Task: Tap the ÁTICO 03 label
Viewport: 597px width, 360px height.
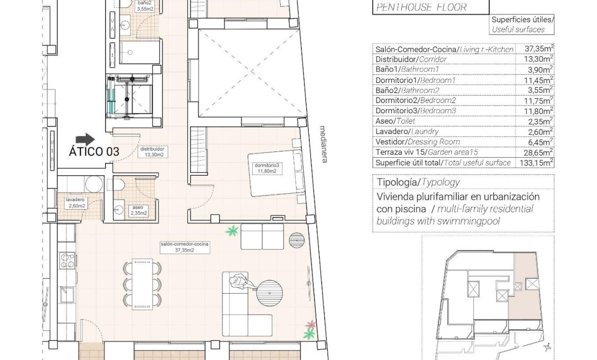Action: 94,151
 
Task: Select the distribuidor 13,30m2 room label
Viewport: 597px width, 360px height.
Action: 152,152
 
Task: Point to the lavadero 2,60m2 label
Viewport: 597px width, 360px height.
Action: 76,203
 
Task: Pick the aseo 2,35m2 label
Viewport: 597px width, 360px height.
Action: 138,210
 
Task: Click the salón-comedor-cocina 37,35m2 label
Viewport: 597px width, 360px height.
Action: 184,247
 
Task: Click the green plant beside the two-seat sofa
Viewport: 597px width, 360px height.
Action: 231,231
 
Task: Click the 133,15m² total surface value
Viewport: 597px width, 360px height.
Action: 534,162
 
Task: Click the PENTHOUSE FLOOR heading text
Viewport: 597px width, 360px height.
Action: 421,7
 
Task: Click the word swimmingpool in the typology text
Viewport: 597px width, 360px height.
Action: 472,221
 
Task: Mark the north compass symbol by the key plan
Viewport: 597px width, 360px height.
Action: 548,347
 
